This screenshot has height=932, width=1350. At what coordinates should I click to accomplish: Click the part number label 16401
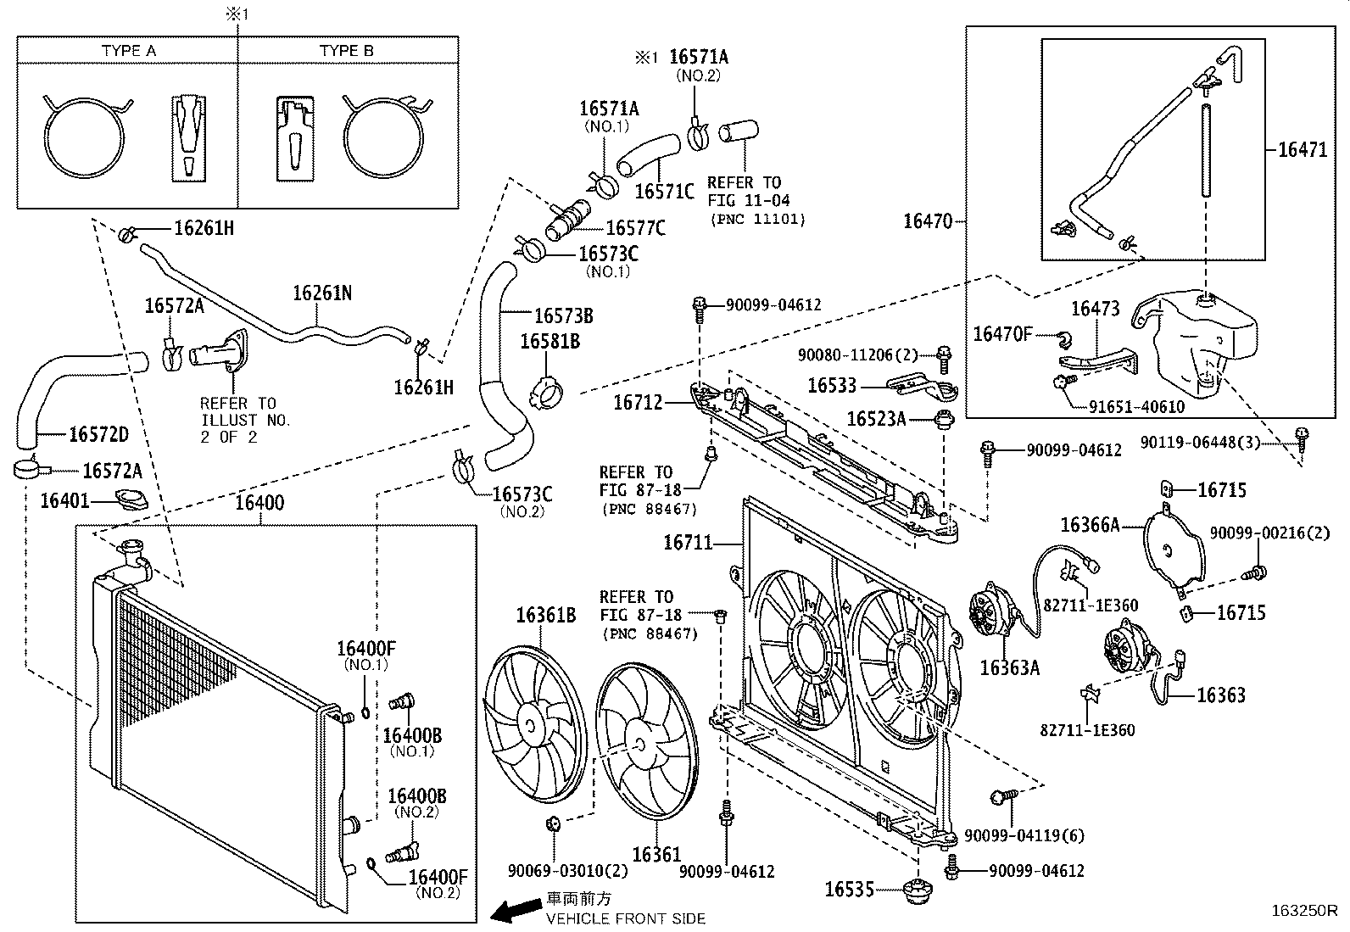pos(65,501)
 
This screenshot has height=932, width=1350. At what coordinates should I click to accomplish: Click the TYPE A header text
pos(128,51)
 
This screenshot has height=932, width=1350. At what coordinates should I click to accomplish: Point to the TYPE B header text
pos(346,51)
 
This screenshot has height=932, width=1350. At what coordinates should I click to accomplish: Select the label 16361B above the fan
pos(545,615)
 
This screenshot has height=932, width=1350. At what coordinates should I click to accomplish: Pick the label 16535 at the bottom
pos(850,889)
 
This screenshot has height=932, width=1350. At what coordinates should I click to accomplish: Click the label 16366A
pos(1090,525)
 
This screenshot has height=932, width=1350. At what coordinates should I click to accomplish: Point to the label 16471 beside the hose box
pos(1302,150)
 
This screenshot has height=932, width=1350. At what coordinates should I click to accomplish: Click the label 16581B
pos(549,342)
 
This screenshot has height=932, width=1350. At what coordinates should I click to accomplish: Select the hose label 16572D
pos(98,434)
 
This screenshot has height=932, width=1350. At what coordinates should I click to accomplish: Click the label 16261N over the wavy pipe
pos(321,293)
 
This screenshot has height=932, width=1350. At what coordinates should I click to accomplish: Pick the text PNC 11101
pos(757,219)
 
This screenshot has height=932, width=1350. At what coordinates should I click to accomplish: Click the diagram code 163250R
pos(1303,912)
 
